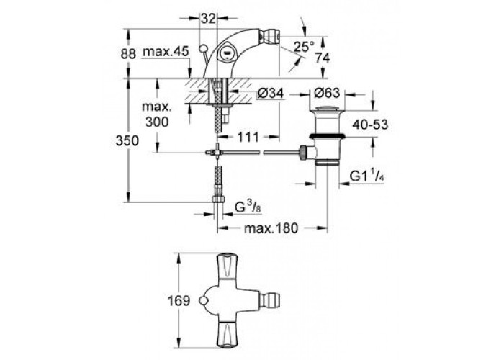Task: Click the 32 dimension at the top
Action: pyautogui.click(x=208, y=18)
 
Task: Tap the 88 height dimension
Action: pyautogui.click(x=128, y=54)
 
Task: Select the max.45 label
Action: pyautogui.click(x=166, y=51)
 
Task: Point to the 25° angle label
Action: pyautogui.click(x=304, y=48)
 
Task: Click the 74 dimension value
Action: pyautogui.click(x=323, y=58)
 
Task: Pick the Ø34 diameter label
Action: pyautogui.click(x=271, y=94)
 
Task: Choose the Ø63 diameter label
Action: pyautogui.click(x=326, y=93)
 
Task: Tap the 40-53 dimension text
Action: pyautogui.click(x=370, y=125)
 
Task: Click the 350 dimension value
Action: pyautogui.click(x=127, y=141)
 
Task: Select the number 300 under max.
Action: pyautogui.click(x=157, y=122)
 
